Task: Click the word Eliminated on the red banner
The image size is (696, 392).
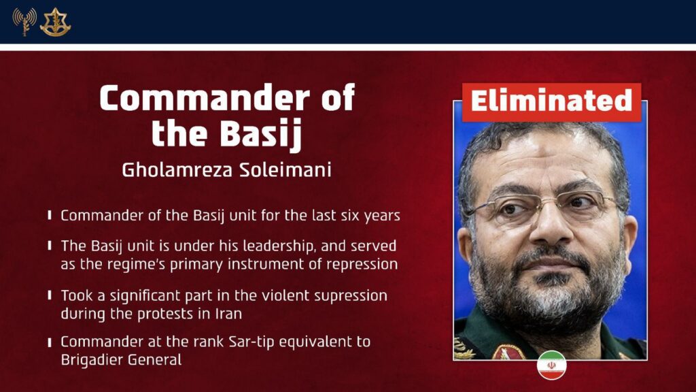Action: (551, 102)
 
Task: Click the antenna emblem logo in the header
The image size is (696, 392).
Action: (24, 21)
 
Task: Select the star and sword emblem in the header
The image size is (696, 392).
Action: (55, 21)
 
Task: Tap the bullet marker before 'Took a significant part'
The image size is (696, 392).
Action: (51, 295)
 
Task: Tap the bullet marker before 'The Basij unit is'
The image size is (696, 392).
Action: (51, 245)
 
